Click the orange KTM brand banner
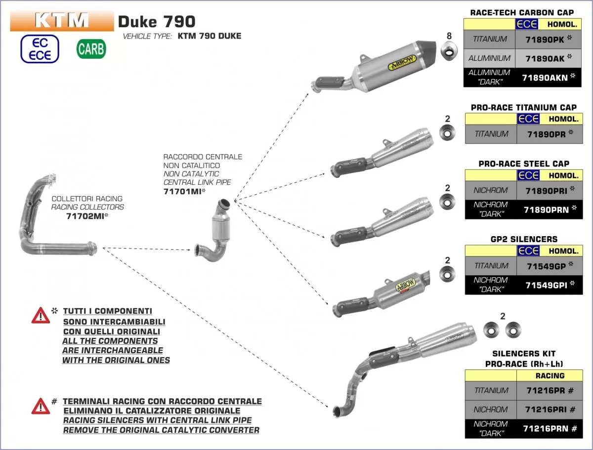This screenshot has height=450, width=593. (x=62, y=20)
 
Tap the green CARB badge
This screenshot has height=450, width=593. (x=91, y=49)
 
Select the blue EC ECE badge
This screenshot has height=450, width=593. (x=40, y=49)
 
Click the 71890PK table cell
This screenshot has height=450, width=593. (x=547, y=39)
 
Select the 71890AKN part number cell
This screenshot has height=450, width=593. (x=547, y=77)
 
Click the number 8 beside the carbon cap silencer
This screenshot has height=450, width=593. (x=449, y=36)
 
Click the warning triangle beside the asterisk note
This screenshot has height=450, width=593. (x=40, y=315)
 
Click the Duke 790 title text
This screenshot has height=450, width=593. (x=157, y=21)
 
